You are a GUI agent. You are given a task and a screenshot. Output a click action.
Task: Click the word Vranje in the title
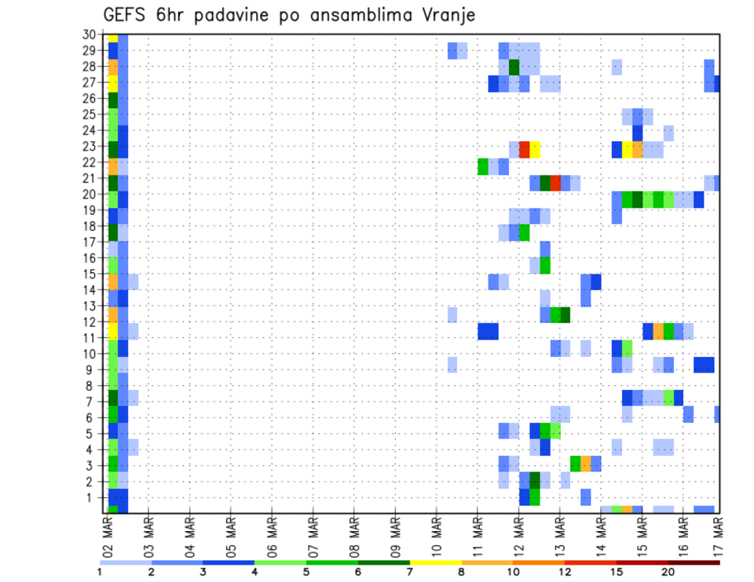[443, 16]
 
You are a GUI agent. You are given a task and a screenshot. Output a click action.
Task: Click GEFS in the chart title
[127, 16]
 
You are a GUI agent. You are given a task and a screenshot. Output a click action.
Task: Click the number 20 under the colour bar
[668, 572]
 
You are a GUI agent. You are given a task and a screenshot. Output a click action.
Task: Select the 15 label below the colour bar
[616, 572]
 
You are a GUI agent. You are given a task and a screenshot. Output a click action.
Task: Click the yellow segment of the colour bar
[435, 562]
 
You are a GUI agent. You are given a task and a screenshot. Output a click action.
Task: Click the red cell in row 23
[525, 149]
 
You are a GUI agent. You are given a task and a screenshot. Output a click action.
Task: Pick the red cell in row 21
[555, 183]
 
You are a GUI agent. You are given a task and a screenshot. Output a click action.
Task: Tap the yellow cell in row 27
[113, 82]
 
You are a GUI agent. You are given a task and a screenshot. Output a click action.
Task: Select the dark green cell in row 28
[514, 67]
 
